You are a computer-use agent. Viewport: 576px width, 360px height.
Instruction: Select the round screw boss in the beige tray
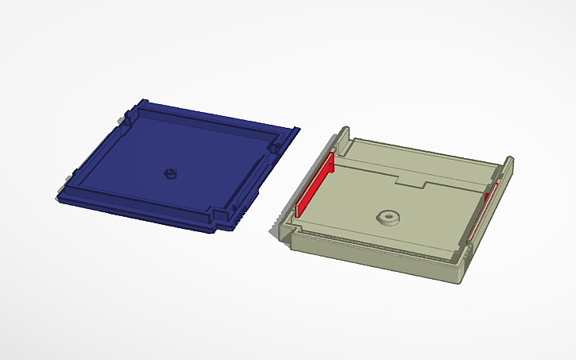point(388,217)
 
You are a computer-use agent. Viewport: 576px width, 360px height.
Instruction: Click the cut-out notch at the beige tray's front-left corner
point(292,231)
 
